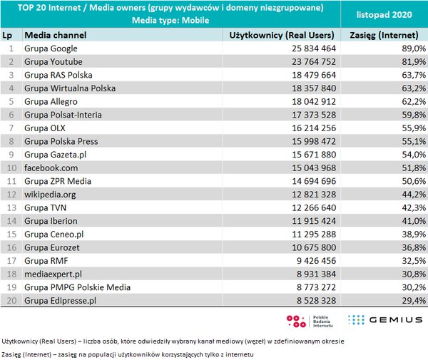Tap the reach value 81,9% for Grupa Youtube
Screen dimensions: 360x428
click(412, 61)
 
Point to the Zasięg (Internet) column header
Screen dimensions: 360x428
click(384, 34)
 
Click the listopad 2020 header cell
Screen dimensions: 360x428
click(384, 14)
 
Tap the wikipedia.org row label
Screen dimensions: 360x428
click(50, 195)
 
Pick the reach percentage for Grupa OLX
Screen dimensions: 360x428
click(412, 128)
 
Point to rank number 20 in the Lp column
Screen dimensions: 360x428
click(11, 301)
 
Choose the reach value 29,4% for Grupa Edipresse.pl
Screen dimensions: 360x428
click(412, 301)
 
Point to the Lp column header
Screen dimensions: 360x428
click(8, 34)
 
